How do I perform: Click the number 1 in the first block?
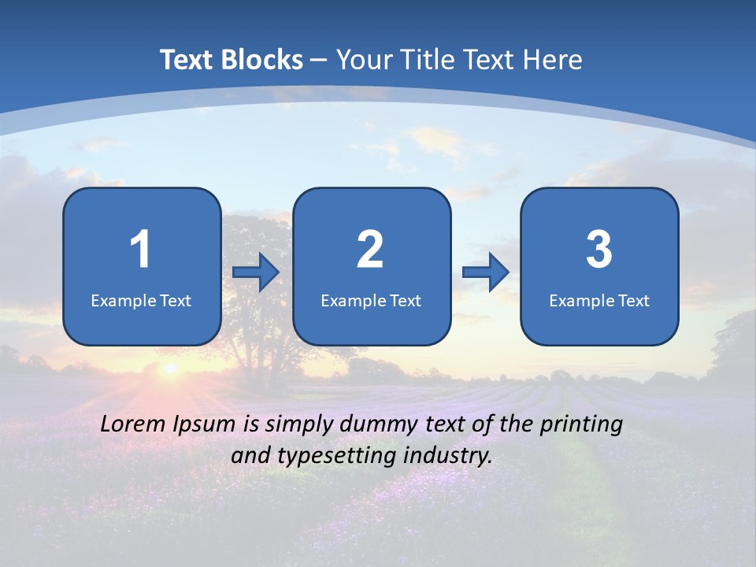pyautogui.click(x=141, y=250)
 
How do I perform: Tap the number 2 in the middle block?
pyautogui.click(x=370, y=250)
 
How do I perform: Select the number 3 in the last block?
pyautogui.click(x=598, y=250)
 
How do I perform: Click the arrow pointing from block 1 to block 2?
pyautogui.click(x=256, y=272)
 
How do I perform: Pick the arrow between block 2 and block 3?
pyautogui.click(x=486, y=272)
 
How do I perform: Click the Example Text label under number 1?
pyautogui.click(x=141, y=300)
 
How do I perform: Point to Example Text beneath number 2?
pyautogui.click(x=371, y=300)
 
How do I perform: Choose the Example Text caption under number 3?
pyautogui.click(x=599, y=300)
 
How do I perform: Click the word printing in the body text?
pyautogui.click(x=580, y=425)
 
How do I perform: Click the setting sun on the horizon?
pyautogui.click(x=168, y=368)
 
